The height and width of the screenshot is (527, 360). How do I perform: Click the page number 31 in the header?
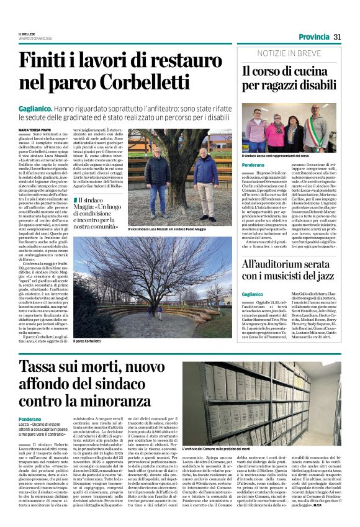tap(338, 37)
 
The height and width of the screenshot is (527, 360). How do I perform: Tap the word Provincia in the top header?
tap(312, 37)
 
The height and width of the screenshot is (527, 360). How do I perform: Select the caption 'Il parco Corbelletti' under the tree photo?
tap(87, 340)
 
